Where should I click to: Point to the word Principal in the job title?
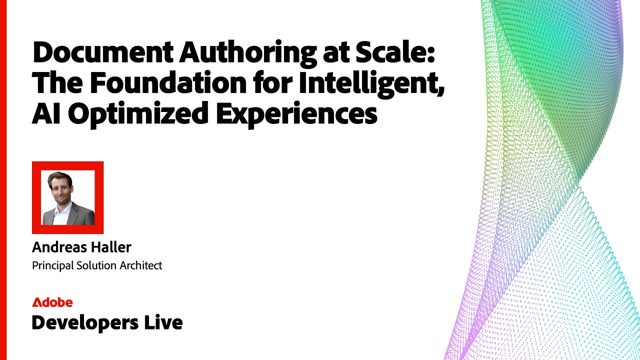(x=52, y=265)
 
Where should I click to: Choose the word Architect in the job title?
(x=141, y=265)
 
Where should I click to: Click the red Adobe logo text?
(x=52, y=302)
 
